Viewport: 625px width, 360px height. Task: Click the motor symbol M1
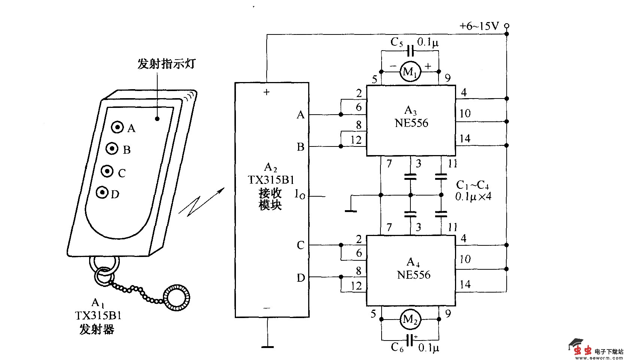(410, 72)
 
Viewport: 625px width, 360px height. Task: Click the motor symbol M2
(410, 320)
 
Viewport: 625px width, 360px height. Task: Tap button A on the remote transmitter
(118, 127)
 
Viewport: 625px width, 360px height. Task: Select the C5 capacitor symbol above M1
(410, 51)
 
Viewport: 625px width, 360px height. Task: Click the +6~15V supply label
(479, 26)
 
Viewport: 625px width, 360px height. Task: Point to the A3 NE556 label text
(411, 117)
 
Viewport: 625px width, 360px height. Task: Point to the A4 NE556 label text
(413, 269)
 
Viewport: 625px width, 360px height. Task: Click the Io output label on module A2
(300, 194)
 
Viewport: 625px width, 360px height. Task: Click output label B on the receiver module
(300, 147)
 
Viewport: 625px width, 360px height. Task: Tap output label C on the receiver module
(300, 245)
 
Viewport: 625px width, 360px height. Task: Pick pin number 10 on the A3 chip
(464, 114)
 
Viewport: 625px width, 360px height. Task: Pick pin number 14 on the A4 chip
(464, 285)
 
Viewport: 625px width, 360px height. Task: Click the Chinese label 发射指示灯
(166, 64)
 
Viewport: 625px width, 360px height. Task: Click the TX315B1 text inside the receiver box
(271, 180)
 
